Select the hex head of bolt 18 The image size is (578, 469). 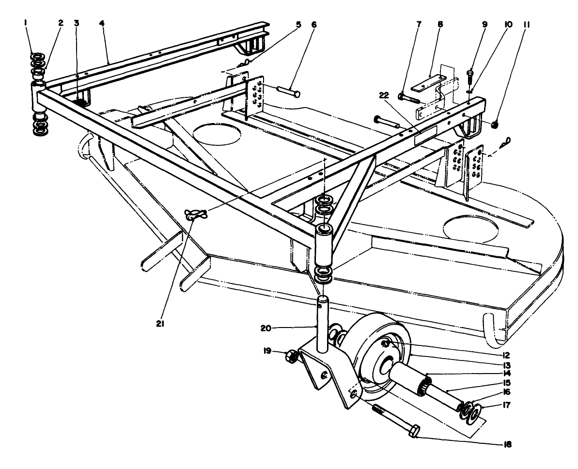click(x=415, y=431)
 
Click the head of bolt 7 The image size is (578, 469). click(x=401, y=96)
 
